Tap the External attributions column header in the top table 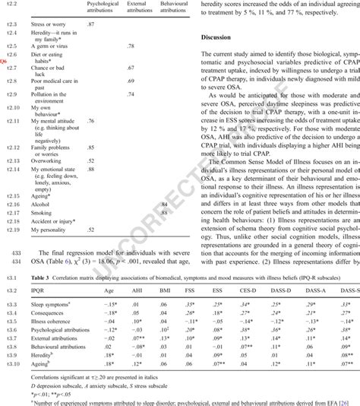click(x=137, y=8)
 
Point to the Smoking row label click(x=40, y=214)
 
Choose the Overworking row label click(x=44, y=162)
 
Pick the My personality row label click(x=48, y=230)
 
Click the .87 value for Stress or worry click(x=91, y=26)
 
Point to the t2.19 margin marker click(x=11, y=230)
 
